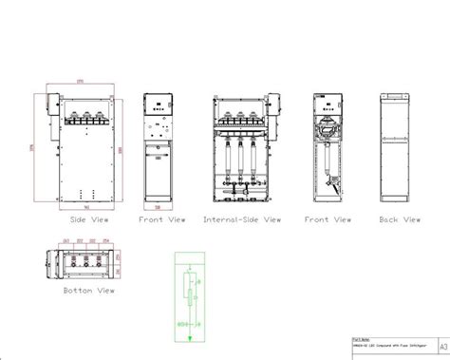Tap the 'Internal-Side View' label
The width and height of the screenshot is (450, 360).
(242, 219)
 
